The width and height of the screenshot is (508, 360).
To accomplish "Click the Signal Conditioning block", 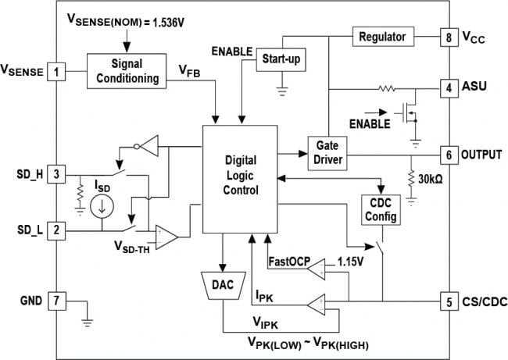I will pyautogui.click(x=127, y=71).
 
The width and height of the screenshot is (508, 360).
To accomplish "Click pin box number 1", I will pyautogui.click(x=56, y=72).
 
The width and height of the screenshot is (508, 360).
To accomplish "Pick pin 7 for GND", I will pyautogui.click(x=56, y=299).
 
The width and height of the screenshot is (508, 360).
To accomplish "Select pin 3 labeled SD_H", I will pyautogui.click(x=56, y=173).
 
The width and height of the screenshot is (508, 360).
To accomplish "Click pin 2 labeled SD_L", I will pyautogui.click(x=56, y=229).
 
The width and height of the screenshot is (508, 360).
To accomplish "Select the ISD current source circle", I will pyautogui.click(x=101, y=207).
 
